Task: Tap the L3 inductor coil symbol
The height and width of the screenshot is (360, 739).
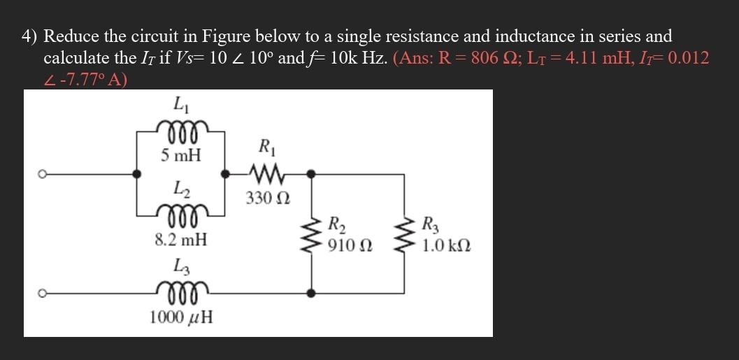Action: pyautogui.click(x=181, y=289)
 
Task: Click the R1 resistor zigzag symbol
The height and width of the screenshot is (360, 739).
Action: pyautogui.click(x=266, y=171)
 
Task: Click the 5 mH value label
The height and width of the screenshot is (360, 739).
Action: pyautogui.click(x=180, y=155)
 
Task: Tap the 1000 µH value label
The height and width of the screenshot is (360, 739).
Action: pyautogui.click(x=181, y=317)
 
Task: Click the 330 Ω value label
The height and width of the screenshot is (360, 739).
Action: pyautogui.click(x=266, y=199)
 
